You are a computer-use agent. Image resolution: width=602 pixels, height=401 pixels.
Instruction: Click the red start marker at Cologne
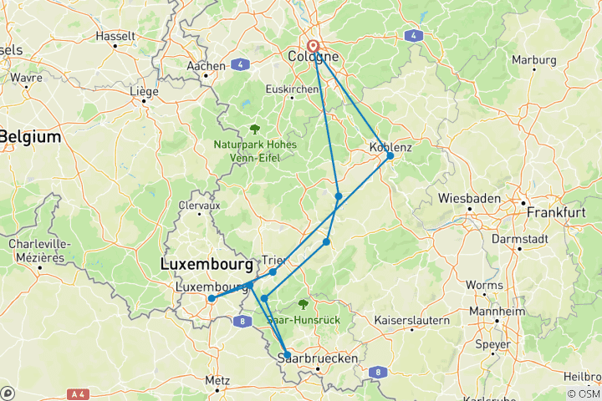click(314, 47)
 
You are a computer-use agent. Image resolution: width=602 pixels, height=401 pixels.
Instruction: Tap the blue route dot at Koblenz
click(390, 155)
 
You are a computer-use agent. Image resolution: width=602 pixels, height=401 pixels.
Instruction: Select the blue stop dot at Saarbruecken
click(288, 355)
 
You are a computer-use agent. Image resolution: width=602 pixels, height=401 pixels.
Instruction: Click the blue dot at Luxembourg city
click(212, 298)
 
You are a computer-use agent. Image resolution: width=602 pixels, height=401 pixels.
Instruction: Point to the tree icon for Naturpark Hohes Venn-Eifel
click(254, 129)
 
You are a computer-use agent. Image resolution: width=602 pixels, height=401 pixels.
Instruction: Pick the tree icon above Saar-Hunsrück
click(303, 305)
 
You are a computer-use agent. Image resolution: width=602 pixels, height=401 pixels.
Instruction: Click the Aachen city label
click(207, 66)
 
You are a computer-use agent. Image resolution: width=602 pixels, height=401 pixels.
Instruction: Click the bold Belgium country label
click(31, 136)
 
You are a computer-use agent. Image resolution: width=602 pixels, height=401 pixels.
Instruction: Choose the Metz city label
click(217, 380)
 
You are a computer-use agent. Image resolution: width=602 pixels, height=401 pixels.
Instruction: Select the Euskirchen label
click(293, 89)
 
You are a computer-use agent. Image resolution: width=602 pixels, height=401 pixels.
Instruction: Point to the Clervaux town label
click(199, 205)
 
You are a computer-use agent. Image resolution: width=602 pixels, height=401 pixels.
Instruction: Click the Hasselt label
click(116, 37)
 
